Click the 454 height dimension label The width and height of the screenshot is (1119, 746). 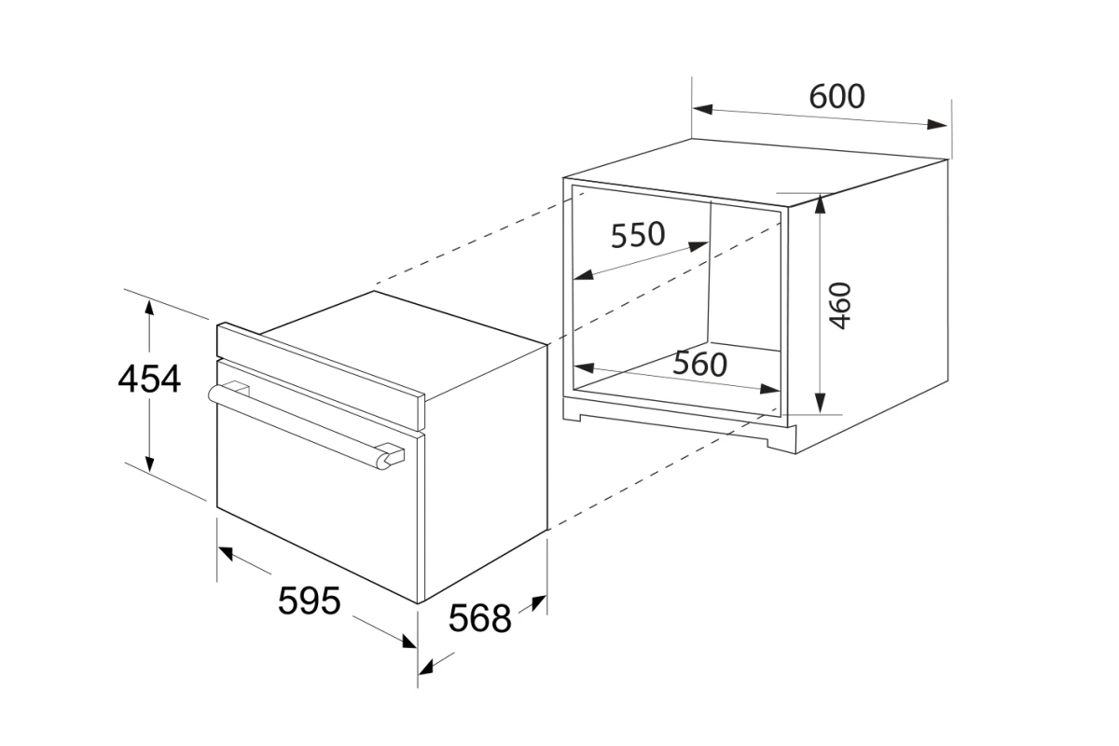(149, 379)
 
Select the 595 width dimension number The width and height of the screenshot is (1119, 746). (310, 601)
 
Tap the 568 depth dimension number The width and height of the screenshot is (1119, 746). (480, 618)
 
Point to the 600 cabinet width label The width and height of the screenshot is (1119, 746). (836, 96)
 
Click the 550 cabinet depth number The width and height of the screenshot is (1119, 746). (638, 235)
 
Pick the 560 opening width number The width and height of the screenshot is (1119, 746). (700, 365)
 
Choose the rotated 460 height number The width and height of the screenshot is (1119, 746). (841, 306)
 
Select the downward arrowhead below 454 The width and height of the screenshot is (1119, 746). (149, 463)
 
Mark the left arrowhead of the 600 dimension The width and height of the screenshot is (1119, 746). (702, 109)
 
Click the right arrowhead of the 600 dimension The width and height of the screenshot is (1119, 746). (937, 124)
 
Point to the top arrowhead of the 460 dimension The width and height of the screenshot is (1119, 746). (820, 204)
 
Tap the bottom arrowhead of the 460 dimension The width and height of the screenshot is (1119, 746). (820, 403)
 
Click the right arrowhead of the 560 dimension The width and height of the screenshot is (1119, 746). (770, 389)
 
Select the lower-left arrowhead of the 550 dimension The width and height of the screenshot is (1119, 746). (584, 274)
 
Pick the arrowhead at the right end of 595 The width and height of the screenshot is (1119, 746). (409, 641)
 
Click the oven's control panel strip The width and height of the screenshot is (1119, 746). (320, 376)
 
